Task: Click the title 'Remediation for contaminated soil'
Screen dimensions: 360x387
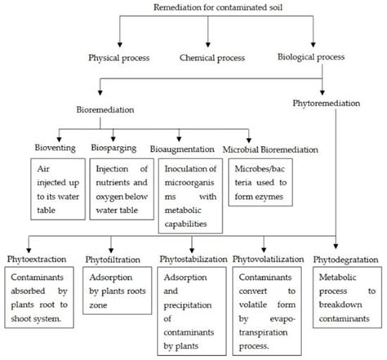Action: (208, 7)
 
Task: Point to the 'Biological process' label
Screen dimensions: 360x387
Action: (311, 58)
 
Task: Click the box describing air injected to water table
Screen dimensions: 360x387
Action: (39, 186)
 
